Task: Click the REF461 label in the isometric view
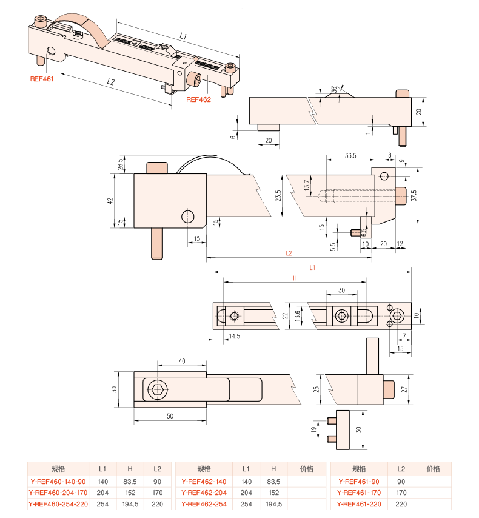click(42, 79)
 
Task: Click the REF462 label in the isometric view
click(198, 100)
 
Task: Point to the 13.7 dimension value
click(307, 185)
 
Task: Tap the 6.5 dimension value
click(364, 232)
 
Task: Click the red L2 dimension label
click(289, 254)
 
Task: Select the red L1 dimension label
click(312, 267)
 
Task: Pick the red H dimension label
click(295, 278)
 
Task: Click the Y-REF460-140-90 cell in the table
click(58, 482)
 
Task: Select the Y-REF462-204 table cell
click(204, 493)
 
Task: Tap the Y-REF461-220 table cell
click(359, 504)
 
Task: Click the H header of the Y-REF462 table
click(273, 469)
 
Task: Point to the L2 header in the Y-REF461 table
click(401, 469)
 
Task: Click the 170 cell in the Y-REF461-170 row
click(401, 493)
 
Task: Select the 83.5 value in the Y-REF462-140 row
click(273, 482)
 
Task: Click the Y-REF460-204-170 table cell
click(58, 493)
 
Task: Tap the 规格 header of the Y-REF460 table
click(58, 469)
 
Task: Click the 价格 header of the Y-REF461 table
click(433, 469)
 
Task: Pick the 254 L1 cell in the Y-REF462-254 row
click(246, 504)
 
